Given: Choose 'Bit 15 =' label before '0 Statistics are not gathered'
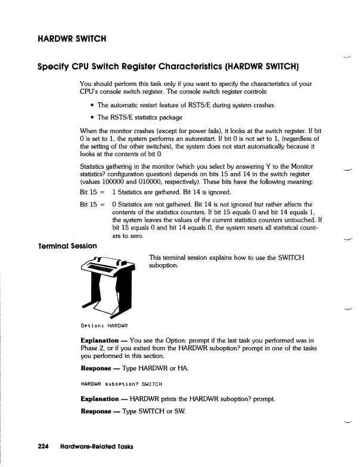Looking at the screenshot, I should click(92, 204).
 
